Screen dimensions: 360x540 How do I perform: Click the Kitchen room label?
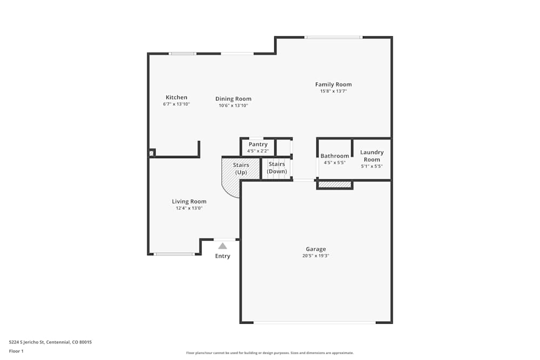click(x=177, y=98)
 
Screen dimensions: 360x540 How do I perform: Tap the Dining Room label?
click(x=233, y=99)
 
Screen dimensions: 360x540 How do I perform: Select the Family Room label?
click(x=333, y=84)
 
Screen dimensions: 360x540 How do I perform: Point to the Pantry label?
click(x=258, y=145)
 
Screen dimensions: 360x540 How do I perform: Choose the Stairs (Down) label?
click(x=277, y=167)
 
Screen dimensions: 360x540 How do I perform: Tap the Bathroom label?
click(x=335, y=156)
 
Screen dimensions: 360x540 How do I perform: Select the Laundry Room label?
click(x=372, y=156)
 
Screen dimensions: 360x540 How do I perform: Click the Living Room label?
click(x=189, y=201)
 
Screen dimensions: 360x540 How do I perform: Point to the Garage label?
click(x=315, y=249)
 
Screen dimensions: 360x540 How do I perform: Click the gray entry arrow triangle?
click(x=222, y=246)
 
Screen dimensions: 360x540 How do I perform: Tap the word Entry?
click(x=222, y=256)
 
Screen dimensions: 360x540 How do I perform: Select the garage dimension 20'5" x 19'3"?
click(x=315, y=256)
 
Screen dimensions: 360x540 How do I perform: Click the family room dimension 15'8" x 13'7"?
click(x=333, y=91)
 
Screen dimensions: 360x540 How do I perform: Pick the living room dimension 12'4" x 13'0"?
click(x=189, y=208)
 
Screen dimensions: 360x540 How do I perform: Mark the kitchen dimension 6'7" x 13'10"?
click(x=177, y=104)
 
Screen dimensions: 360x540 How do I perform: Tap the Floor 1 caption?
click(x=16, y=351)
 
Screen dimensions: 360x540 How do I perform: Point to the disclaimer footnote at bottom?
click(x=269, y=352)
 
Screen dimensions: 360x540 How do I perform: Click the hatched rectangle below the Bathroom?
click(x=335, y=185)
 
